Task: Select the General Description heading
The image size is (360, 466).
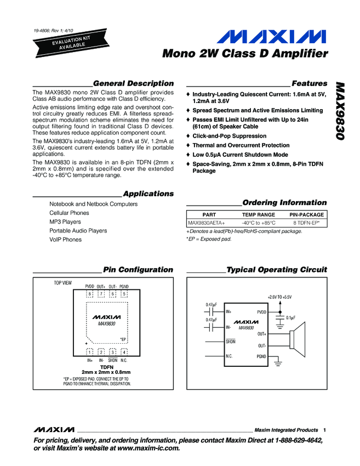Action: tap(133, 83)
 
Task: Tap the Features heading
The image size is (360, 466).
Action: tap(310, 83)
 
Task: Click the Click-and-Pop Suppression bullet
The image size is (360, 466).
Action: tap(230, 136)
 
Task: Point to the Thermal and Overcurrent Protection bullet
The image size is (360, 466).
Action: tap(241, 145)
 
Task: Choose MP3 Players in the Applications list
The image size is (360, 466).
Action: tap(65, 222)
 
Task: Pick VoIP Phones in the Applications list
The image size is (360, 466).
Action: tap(65, 240)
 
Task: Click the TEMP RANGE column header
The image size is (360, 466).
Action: tap(259, 214)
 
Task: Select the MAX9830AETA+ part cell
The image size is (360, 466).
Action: tap(207, 223)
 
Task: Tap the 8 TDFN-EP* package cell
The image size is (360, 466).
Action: tap(306, 223)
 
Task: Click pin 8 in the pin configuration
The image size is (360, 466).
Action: tap(89, 294)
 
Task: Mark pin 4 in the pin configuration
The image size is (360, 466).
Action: tap(124, 351)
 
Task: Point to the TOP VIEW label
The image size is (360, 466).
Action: tap(62, 283)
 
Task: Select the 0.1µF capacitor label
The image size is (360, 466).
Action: tap(290, 317)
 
